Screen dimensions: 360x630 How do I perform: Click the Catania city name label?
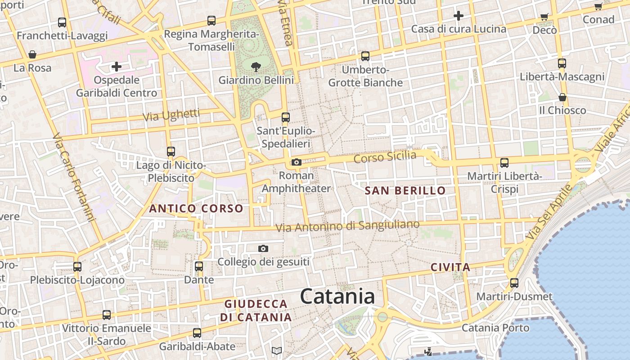coord(337,297)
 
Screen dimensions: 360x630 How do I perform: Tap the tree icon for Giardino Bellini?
coord(256,67)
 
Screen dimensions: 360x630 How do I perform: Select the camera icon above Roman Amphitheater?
coord(296,162)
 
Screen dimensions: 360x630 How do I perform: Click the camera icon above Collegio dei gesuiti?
coord(263,248)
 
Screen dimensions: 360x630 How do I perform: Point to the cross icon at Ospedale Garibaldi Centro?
coord(117,67)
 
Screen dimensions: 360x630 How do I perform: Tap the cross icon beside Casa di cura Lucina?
coord(459,16)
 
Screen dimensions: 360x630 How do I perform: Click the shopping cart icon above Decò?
coord(544,17)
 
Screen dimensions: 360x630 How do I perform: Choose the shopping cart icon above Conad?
coord(598,6)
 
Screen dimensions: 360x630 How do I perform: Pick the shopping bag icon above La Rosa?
coord(32,55)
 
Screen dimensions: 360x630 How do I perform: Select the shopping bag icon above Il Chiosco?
coord(562,97)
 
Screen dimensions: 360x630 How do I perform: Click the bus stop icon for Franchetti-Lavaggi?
coord(62,22)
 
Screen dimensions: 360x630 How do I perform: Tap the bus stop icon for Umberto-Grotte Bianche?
coord(365,56)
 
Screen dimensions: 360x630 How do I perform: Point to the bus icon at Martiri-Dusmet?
coord(514,283)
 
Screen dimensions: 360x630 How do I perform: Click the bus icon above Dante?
coord(199,266)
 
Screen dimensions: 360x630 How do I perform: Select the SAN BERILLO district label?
coord(405,190)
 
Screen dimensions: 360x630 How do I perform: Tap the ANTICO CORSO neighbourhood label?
coord(196,209)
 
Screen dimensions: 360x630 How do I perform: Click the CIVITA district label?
coord(450,267)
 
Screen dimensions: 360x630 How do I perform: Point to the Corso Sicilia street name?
coord(385,157)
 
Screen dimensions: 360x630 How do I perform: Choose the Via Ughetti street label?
coord(171,115)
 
